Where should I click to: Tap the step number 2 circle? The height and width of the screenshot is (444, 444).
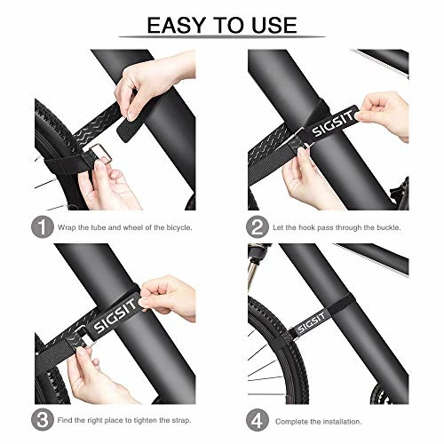[258, 227]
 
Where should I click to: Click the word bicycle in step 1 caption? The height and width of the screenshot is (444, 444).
[178, 228]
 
